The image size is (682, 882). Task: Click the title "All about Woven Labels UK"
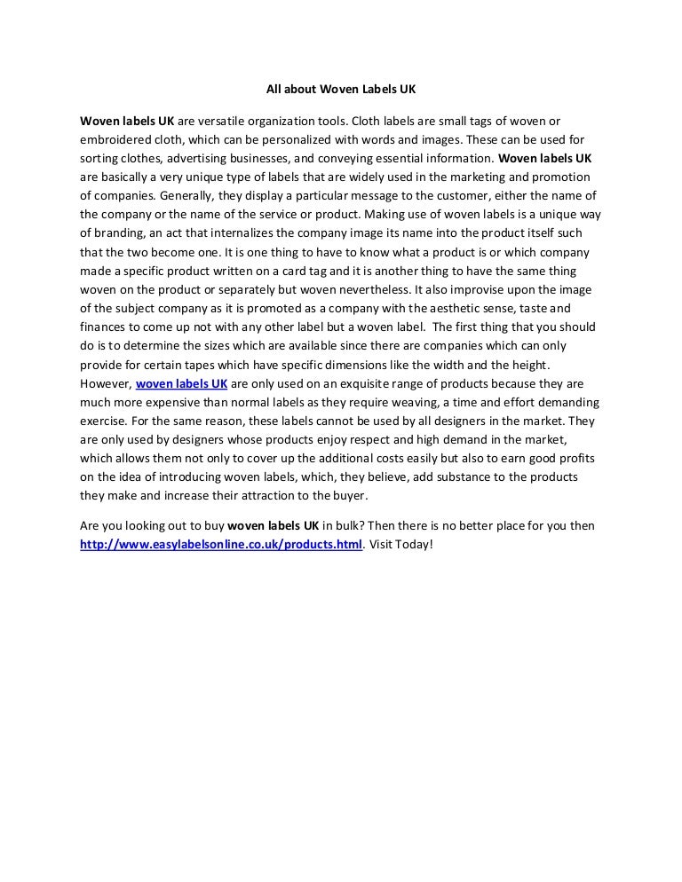click(x=341, y=90)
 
